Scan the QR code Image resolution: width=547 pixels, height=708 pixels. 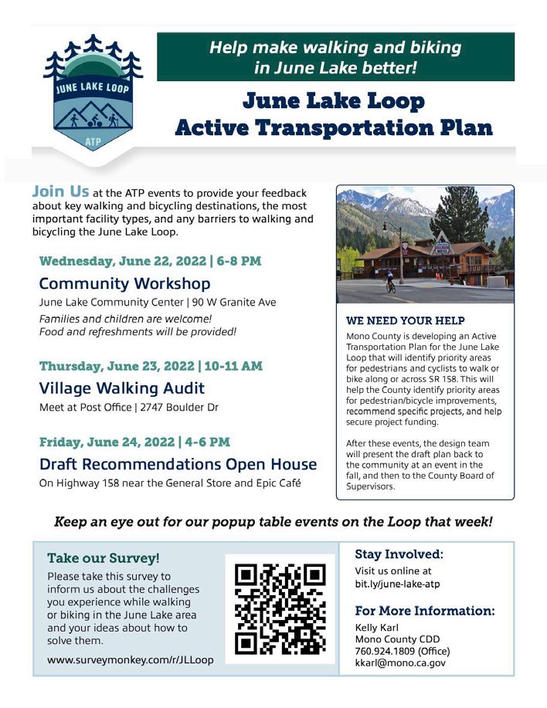point(280,609)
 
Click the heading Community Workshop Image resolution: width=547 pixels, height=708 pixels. point(124,283)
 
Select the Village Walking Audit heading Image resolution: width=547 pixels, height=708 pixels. point(122,388)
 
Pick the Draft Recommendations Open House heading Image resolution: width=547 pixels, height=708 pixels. point(178,464)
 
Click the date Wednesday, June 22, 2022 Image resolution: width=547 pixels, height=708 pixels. point(112,260)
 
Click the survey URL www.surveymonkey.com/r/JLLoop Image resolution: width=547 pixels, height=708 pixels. point(129,660)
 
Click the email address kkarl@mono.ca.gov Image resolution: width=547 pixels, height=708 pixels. point(400,662)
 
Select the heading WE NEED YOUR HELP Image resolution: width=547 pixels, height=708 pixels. point(406,320)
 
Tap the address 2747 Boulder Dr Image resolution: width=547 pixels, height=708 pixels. point(178,407)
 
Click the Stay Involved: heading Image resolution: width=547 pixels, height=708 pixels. point(399,554)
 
